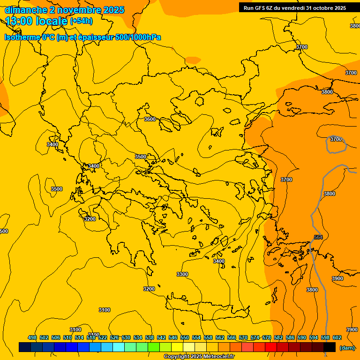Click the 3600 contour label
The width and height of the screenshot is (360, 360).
coord(150,119)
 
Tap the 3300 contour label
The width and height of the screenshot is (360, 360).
coord(182,274)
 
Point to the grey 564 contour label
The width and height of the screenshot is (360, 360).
coord(318,238)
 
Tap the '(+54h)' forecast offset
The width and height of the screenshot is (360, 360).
coord(81,21)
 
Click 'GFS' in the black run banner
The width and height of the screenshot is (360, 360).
coord(261,7)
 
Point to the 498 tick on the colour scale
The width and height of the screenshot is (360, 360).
coord(32,337)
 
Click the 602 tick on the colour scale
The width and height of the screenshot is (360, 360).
coord(337,337)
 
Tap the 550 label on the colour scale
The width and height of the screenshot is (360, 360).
coord(185,337)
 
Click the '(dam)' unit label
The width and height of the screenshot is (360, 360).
coord(347,347)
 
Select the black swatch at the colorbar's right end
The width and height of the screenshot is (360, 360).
coord(330,347)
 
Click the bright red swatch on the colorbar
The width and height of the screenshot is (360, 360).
coord(270,347)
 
